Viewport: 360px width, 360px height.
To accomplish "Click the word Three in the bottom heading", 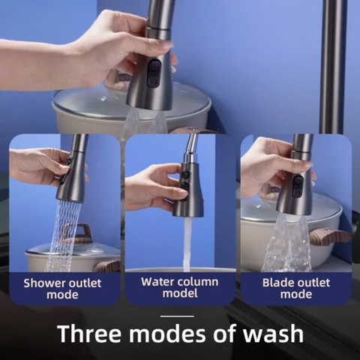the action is coord(89,334).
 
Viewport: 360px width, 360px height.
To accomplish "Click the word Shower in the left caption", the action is coord(44,283).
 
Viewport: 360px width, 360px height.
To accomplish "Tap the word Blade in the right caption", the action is coord(277,283).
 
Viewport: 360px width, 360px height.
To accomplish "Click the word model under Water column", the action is coord(180,293).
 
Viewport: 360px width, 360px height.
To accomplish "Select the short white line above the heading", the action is coord(177,316).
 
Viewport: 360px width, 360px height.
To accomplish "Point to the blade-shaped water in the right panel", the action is coord(286,244).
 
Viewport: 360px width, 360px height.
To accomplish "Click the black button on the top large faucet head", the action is coord(153,73).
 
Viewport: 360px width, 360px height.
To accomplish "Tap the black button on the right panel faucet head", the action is coord(298,187).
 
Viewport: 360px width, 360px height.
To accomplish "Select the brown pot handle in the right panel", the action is coord(330,237).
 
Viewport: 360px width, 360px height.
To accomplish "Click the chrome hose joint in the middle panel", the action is coord(190,156).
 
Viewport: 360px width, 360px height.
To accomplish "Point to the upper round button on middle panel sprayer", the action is coord(185,174).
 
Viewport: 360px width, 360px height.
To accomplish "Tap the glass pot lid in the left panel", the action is coord(75,250).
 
